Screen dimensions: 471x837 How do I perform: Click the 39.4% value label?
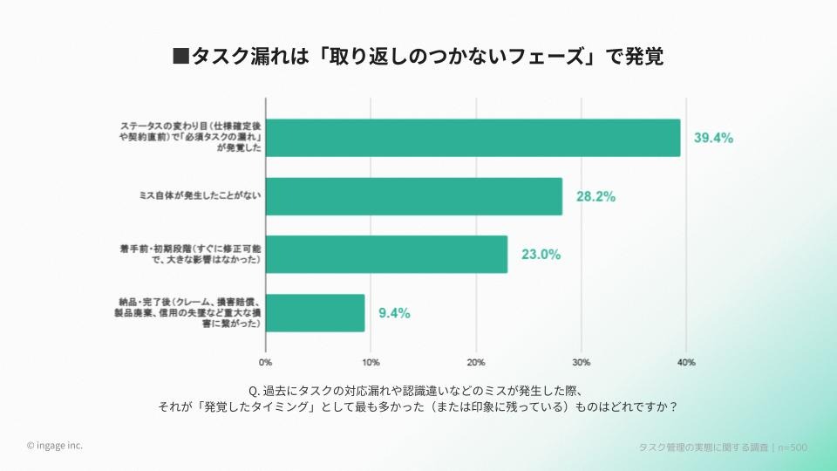(713, 138)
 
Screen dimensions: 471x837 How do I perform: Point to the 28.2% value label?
(595, 196)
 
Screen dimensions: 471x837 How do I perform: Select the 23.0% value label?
(541, 255)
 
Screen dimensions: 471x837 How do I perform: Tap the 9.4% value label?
(394, 312)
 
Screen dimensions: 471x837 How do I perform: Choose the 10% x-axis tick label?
(371, 362)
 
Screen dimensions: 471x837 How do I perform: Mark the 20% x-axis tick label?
(476, 362)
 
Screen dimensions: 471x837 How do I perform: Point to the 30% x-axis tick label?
(582, 362)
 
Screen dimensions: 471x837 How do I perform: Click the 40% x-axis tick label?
(686, 362)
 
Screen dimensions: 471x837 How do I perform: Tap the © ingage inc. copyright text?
(55, 445)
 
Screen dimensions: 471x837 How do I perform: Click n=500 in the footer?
(793, 447)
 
